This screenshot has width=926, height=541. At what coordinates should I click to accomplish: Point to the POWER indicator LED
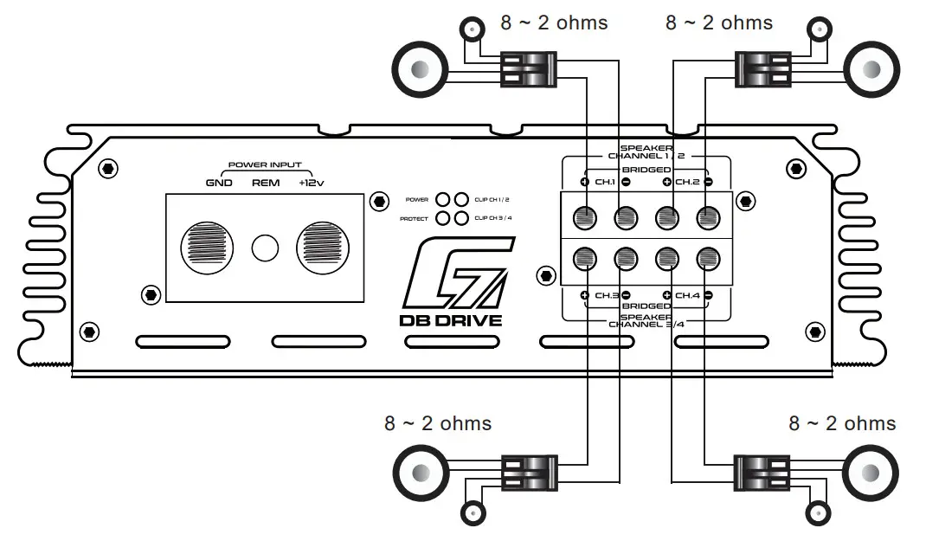[443, 199]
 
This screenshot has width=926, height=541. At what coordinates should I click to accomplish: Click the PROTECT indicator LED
[443, 218]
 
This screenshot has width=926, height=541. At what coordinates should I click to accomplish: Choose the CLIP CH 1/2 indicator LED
[461, 199]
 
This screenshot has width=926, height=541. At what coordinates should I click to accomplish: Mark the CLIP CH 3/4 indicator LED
[461, 218]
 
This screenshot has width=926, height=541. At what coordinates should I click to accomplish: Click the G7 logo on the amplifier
[450, 274]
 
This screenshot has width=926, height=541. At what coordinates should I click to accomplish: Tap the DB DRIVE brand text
[450, 320]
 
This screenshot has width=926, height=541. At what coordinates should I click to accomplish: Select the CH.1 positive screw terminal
[585, 216]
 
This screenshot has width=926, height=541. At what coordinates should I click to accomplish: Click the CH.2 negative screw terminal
[708, 216]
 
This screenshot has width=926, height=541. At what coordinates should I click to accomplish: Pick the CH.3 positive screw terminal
[585, 256]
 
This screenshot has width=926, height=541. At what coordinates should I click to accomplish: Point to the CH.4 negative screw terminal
[708, 256]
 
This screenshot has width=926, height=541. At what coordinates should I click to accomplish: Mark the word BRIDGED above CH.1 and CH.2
[646, 171]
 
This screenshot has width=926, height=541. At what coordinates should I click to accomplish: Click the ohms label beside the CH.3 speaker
[438, 424]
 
